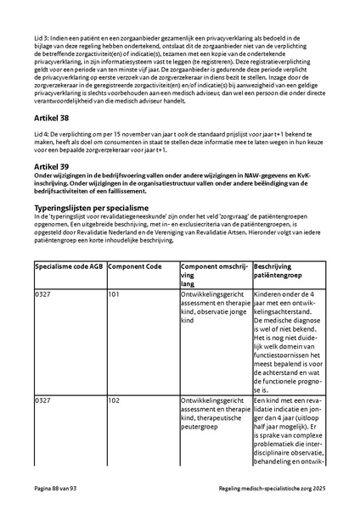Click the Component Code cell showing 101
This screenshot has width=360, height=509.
[114, 294]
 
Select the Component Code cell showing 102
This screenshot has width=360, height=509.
[114, 400]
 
